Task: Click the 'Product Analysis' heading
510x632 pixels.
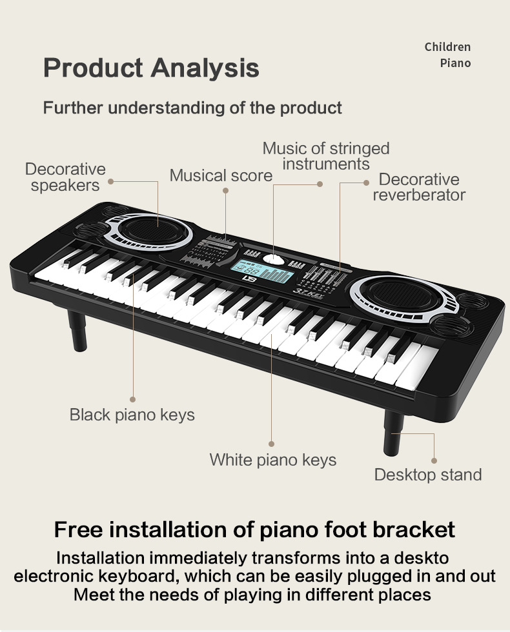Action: [151, 68]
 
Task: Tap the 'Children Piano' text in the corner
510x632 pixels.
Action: [448, 55]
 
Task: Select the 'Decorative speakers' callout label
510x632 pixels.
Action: [65, 177]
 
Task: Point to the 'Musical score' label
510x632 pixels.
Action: [221, 175]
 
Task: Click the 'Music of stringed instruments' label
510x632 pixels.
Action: [326, 156]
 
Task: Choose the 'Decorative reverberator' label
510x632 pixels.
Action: [419, 187]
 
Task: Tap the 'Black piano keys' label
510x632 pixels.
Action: [132, 415]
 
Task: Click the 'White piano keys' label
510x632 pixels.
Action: [272, 460]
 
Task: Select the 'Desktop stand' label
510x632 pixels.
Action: [427, 475]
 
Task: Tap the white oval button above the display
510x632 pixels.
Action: [274, 259]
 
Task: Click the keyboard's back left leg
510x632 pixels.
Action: [77, 330]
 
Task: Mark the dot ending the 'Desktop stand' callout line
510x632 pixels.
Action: [434, 460]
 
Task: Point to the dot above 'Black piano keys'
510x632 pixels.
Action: [132, 399]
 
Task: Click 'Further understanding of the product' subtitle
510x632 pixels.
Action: [192, 108]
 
